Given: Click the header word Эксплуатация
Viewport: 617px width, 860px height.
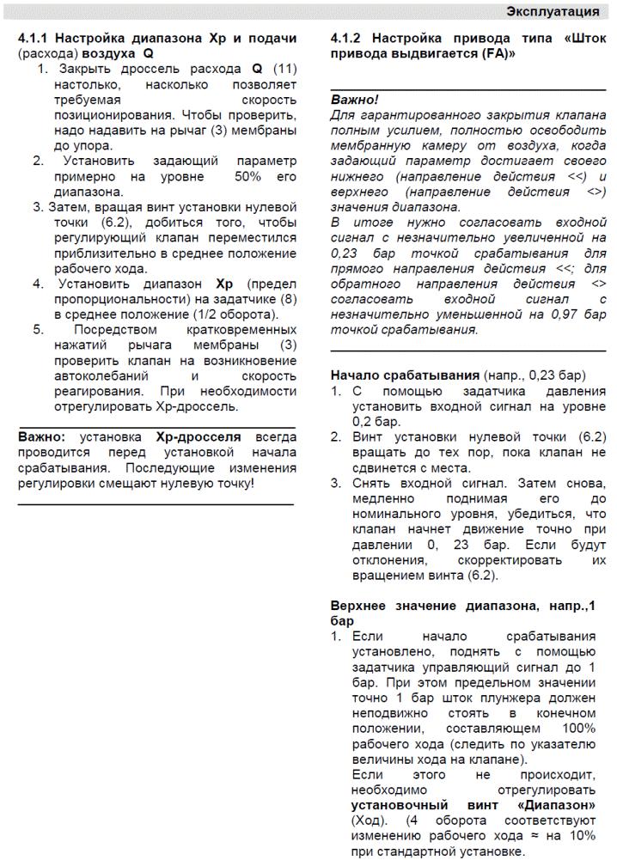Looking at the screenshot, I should pos(553,11).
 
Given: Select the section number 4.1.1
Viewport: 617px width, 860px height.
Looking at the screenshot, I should pos(36,39).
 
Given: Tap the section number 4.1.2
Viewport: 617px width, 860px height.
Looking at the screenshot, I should pos(349,39).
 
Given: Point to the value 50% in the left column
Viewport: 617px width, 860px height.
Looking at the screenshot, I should pos(248,177).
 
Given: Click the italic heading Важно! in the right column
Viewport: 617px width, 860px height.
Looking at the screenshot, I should pos(354,100).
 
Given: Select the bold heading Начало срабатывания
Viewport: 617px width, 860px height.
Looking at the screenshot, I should pos(405,376).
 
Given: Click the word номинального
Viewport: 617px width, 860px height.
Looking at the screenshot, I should pos(395,514).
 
